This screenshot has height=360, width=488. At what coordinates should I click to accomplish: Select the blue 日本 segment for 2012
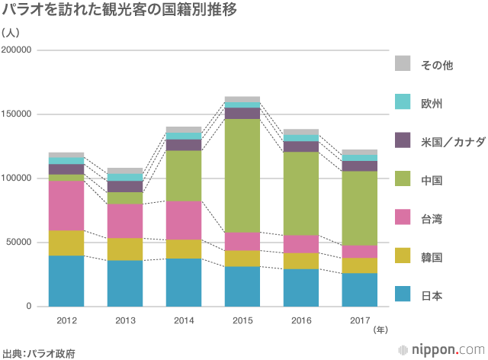[x=66, y=281]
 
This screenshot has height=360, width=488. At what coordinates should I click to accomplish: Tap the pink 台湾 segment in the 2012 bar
[x=66, y=205]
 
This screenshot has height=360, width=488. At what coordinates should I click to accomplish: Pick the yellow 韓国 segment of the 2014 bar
[x=184, y=249]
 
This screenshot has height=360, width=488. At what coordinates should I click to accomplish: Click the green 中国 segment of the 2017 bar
[x=360, y=208]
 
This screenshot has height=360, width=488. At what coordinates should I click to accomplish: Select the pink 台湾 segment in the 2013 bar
[x=125, y=220]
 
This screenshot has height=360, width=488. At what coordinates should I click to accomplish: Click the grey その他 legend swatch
[x=403, y=64]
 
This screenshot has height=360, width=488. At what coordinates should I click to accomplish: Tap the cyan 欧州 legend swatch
[x=403, y=102]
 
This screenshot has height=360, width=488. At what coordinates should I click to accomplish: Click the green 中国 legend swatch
[x=403, y=180]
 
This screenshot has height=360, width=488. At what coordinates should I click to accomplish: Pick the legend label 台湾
[x=432, y=219]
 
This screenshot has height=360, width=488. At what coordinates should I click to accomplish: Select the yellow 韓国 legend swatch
[x=403, y=257]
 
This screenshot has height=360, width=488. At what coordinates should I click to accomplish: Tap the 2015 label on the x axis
[x=242, y=319]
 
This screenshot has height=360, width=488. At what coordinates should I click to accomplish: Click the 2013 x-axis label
[x=125, y=319]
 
